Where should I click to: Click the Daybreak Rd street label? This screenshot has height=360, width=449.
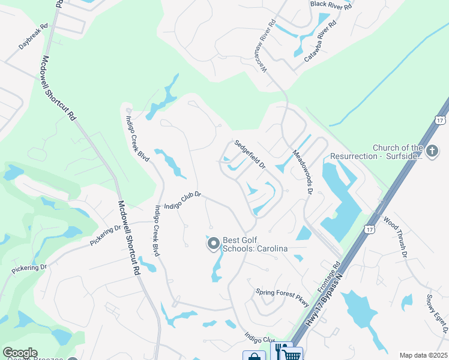tap(34, 37)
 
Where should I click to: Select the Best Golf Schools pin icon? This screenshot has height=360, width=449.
tap(213, 244)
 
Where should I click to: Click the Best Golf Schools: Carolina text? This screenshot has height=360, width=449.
tap(255, 244)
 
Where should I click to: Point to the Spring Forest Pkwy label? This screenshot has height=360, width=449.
tap(282, 295)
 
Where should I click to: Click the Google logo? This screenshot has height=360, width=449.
tap(19, 353)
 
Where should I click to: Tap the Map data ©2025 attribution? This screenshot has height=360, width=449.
tap(423, 355)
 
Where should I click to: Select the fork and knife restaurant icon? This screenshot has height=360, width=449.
tap(280, 350)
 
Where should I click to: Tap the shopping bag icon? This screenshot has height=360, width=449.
tap(254, 356)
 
